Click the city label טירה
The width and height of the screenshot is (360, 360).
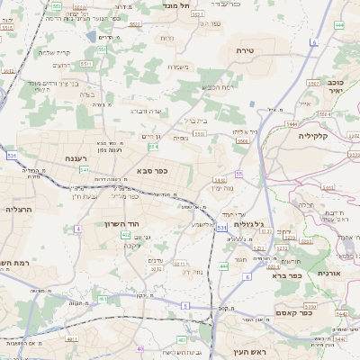tap(245, 51)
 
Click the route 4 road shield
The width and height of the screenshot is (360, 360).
tap(78, 229)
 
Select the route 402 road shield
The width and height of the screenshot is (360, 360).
tap(125, 235)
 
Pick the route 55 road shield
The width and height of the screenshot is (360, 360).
tap(238, 173)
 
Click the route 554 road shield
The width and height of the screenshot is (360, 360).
tap(154, 146)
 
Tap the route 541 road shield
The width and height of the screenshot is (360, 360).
tap(84, 169)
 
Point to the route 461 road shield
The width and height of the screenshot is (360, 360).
tap(103, 298)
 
